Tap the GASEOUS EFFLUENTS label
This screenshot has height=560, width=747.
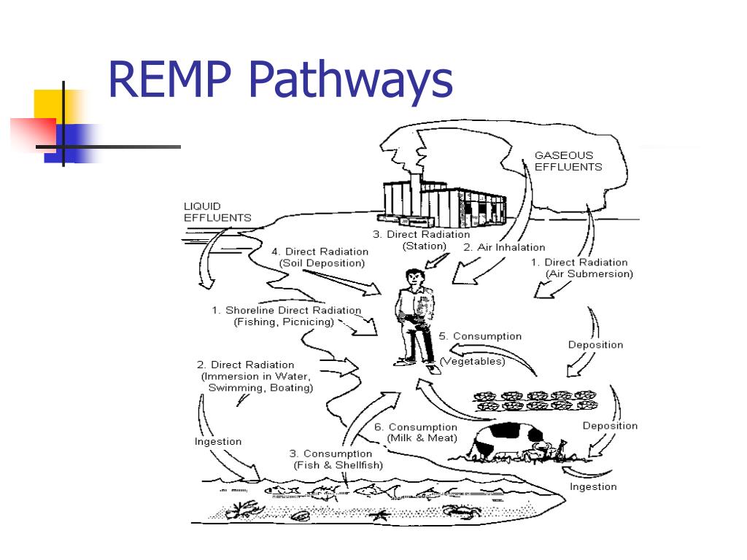(x=568, y=161)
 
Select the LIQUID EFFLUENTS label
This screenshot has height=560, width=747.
(x=217, y=212)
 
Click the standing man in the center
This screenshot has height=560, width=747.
(x=416, y=317)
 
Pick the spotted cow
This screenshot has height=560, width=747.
(x=508, y=442)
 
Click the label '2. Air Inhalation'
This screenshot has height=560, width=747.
(x=504, y=247)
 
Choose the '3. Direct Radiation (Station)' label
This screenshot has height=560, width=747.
(x=421, y=240)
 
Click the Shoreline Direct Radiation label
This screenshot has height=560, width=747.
(x=286, y=316)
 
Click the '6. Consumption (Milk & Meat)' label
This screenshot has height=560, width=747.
(x=416, y=432)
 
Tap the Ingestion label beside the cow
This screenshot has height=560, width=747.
(x=593, y=486)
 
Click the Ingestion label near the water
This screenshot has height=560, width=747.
(x=217, y=441)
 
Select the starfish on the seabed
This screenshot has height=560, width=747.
(x=378, y=515)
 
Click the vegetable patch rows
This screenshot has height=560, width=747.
(x=535, y=400)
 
